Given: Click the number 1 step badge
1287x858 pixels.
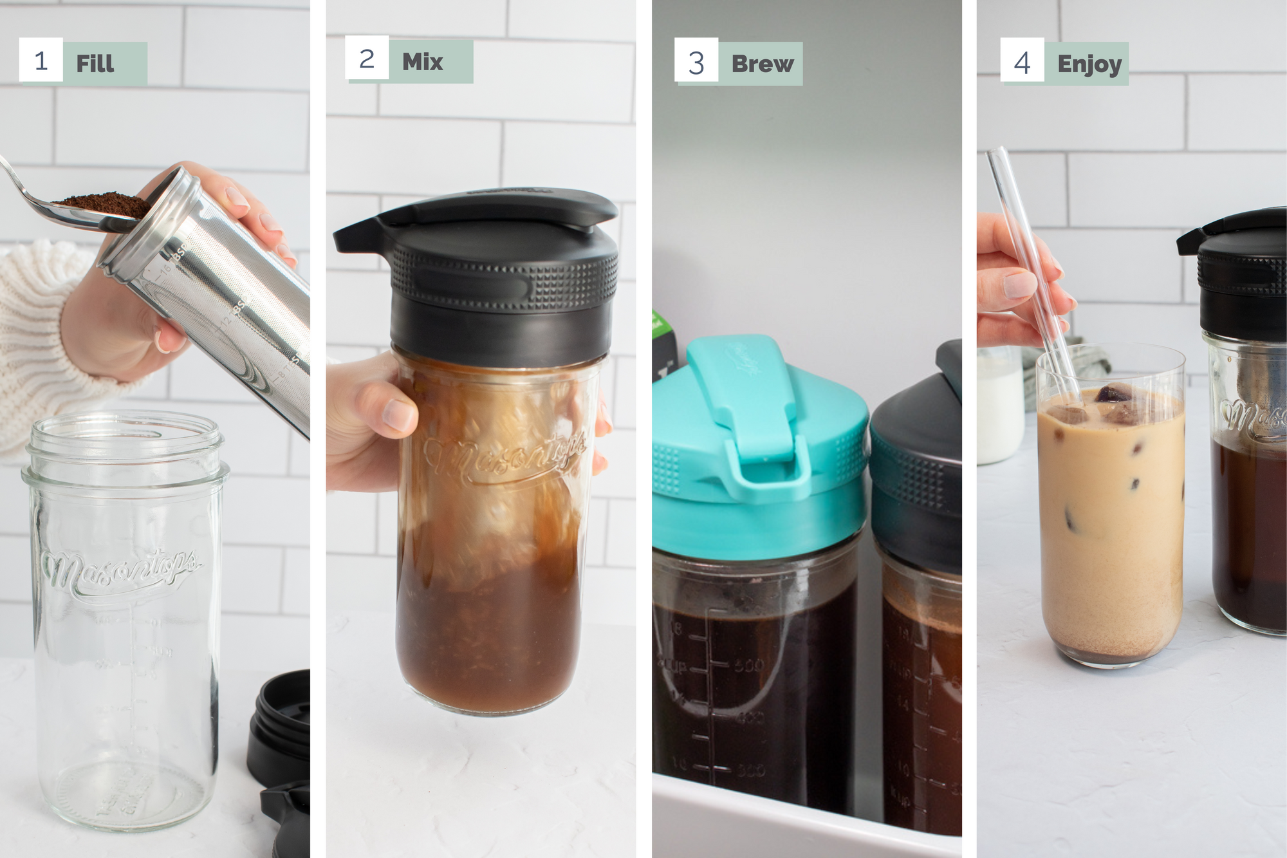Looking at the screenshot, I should [x=41, y=61].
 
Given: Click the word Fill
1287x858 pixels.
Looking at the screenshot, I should [x=95, y=64].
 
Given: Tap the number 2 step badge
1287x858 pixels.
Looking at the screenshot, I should [x=367, y=59].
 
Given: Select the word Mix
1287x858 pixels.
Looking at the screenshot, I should [x=423, y=62].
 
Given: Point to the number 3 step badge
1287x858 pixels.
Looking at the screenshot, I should [x=696, y=63].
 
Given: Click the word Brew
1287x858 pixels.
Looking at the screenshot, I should [x=763, y=64].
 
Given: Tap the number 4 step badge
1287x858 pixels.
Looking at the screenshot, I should [x=1022, y=63].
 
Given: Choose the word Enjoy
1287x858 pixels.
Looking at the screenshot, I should [x=1089, y=64].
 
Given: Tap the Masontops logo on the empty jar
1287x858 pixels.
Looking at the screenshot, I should [x=119, y=570].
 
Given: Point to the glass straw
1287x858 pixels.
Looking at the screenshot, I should [x=1030, y=257].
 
